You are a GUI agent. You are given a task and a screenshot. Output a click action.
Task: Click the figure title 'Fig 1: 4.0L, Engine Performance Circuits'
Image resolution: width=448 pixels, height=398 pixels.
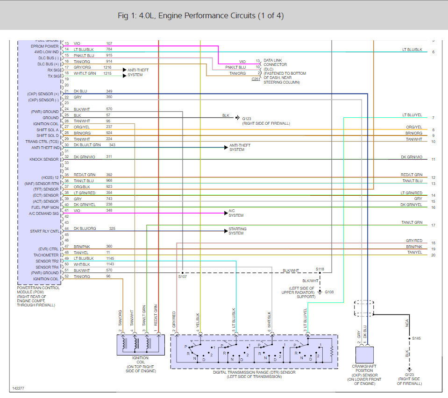point(201,16)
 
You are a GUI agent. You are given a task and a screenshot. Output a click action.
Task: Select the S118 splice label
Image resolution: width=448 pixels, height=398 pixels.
point(320,269)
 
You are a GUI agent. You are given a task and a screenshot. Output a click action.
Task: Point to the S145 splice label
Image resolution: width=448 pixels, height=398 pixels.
point(415,338)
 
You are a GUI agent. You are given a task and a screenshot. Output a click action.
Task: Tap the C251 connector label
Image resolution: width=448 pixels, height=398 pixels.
point(256,79)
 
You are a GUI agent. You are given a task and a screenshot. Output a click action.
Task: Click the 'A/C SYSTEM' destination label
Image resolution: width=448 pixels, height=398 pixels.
point(235,213)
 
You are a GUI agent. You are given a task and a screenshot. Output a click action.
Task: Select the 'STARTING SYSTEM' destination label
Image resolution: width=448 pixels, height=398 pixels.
point(237,231)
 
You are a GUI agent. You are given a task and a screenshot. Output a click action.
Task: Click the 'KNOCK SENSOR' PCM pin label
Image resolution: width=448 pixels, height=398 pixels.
point(45,159)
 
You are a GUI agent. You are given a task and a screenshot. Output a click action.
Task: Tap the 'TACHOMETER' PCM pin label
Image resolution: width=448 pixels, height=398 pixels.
point(46,255)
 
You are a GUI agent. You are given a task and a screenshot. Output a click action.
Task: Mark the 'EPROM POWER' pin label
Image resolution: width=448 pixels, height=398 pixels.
point(45,46)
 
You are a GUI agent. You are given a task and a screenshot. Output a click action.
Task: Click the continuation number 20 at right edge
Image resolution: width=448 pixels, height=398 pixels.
point(433,255)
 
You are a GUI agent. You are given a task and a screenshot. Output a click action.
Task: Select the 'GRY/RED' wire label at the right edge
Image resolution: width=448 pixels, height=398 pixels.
point(414,241)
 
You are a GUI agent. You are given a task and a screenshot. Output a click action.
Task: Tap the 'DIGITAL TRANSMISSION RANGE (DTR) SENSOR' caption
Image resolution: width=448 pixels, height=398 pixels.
point(254,374)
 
